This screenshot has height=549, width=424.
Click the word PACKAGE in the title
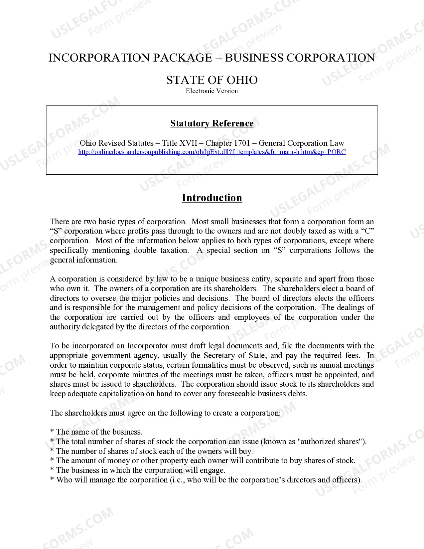182,58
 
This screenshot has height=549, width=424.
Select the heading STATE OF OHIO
212,80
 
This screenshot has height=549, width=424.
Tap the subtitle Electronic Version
212,91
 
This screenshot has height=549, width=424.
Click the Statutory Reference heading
212,123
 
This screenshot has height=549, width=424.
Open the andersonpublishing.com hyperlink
212,152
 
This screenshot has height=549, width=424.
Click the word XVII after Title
188,143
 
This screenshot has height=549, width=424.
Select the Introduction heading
212,198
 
